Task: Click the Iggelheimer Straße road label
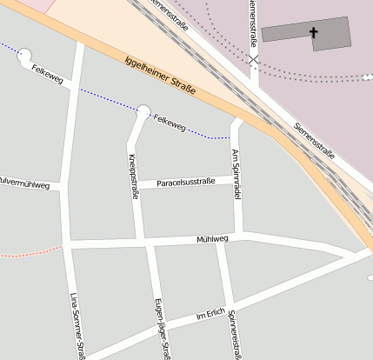coord(160,76)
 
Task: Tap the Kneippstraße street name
coord(134,177)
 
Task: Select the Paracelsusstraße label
coord(184,183)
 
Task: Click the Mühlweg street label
coord(212,238)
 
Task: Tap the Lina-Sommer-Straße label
coord(75,325)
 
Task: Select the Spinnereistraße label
coord(233,336)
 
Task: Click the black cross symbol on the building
coord(314,33)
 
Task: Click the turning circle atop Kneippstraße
coord(143,110)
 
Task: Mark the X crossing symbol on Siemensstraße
coord(253,60)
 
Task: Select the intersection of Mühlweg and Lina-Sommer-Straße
coord(70,244)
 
